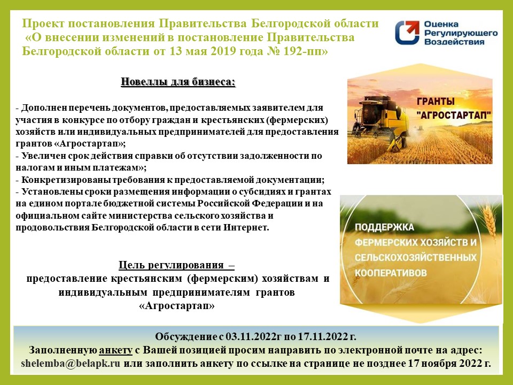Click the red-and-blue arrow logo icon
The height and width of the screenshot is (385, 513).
(x=407, y=32)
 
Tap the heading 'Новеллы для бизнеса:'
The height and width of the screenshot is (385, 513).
(x=178, y=81)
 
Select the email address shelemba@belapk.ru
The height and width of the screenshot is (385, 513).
(x=71, y=364)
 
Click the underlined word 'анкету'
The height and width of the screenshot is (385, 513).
(x=115, y=350)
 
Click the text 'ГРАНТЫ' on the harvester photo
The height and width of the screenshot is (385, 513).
(x=436, y=101)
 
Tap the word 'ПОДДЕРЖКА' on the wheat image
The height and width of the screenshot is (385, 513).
(x=384, y=227)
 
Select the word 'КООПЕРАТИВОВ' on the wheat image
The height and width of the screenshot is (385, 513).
(x=391, y=273)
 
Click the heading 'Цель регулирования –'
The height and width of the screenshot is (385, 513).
(x=177, y=265)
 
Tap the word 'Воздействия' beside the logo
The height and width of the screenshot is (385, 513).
(x=454, y=42)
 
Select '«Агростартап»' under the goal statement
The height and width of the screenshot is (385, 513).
(x=177, y=306)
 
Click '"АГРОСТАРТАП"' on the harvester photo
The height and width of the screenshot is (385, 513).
(x=454, y=115)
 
